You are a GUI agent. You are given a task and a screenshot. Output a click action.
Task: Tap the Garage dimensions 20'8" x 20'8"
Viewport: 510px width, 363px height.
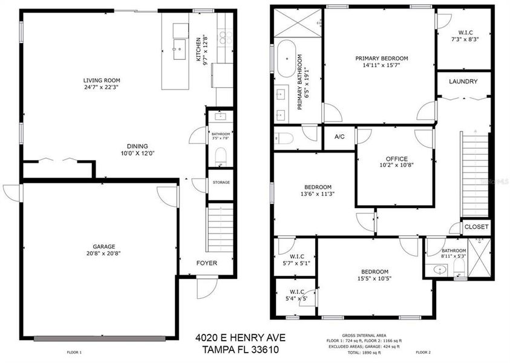(100, 254)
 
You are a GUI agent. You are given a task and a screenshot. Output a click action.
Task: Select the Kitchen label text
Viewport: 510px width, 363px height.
(198, 50)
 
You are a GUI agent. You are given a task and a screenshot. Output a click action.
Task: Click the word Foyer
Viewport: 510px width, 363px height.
(206, 263)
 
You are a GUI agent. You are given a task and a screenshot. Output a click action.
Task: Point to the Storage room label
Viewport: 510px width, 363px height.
(221, 182)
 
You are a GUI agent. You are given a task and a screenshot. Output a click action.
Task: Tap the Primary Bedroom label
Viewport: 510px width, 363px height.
(381, 58)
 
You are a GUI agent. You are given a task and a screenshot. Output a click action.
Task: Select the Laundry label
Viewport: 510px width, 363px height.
(463, 82)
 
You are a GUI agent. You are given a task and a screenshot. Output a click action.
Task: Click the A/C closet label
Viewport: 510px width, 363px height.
(339, 137)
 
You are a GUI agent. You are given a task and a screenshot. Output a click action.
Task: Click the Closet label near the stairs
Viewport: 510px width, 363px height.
(476, 227)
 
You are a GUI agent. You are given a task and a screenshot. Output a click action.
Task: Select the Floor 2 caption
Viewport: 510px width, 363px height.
(423, 352)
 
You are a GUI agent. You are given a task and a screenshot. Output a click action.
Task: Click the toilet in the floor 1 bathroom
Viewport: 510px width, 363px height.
(221, 157)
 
